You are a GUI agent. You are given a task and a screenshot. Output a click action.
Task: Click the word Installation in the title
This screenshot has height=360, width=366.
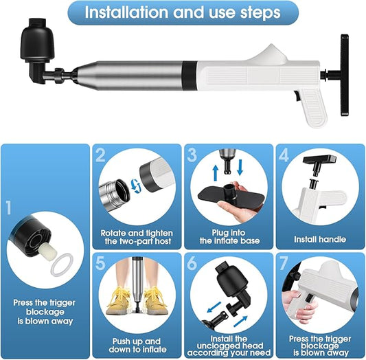126,12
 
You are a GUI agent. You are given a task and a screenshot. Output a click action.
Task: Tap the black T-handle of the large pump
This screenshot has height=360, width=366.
344,75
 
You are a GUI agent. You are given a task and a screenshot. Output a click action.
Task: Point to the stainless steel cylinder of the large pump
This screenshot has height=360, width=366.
130,75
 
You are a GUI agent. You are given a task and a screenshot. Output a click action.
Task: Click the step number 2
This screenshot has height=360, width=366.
100,155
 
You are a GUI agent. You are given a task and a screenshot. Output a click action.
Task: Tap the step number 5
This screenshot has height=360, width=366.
100,263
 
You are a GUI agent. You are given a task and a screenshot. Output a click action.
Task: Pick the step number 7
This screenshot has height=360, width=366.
284,263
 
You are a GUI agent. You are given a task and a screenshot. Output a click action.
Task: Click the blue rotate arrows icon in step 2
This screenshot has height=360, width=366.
136,185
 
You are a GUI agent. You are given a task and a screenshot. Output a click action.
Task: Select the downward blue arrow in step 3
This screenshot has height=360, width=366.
240,168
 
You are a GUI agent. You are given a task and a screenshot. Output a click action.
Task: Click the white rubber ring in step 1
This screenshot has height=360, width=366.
62,265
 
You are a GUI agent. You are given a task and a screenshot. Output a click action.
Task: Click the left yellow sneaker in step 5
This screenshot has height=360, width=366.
118,300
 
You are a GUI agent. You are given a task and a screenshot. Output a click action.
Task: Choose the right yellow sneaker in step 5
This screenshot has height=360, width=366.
155,300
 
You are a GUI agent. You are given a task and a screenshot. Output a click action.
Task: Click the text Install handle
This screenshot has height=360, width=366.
320,239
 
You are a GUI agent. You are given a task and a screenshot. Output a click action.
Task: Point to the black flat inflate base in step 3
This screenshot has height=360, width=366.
231,196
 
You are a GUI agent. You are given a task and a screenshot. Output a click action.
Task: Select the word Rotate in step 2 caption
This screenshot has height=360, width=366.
113,233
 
